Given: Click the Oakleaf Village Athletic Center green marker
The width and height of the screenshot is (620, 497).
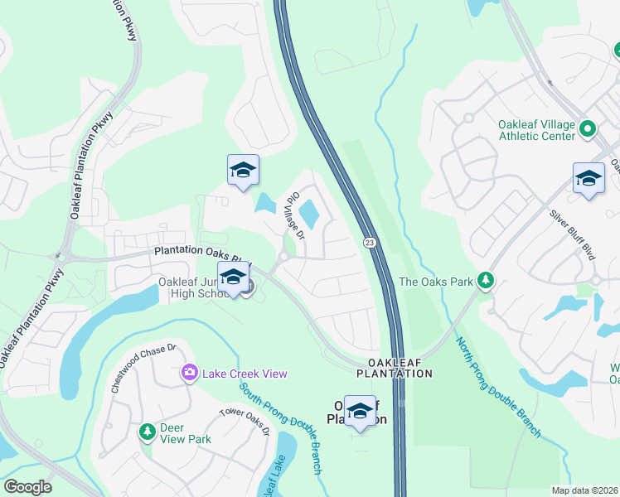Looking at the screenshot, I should [588, 129].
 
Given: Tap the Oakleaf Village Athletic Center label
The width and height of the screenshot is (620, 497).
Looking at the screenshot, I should [536, 130].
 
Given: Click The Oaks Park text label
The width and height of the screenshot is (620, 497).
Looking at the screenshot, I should [436, 282].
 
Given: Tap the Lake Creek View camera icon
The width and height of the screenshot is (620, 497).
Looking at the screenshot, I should [190, 374].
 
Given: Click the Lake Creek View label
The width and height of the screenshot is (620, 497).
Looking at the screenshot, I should [245, 374].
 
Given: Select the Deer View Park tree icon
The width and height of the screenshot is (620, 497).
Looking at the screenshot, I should [148, 432].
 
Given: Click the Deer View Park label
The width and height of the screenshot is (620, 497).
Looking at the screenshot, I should [184, 433].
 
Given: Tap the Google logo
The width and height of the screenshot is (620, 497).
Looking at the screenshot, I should [27, 486].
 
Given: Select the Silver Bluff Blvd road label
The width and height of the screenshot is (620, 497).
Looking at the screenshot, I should [573, 233].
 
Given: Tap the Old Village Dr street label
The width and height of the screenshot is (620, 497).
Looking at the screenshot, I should [295, 216].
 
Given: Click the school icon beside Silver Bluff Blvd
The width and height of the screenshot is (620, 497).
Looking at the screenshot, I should [589, 179].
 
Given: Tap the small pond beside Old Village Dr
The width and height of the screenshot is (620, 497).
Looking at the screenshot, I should [308, 215].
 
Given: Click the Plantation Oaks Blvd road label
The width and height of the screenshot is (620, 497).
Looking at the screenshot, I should [201, 255].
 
